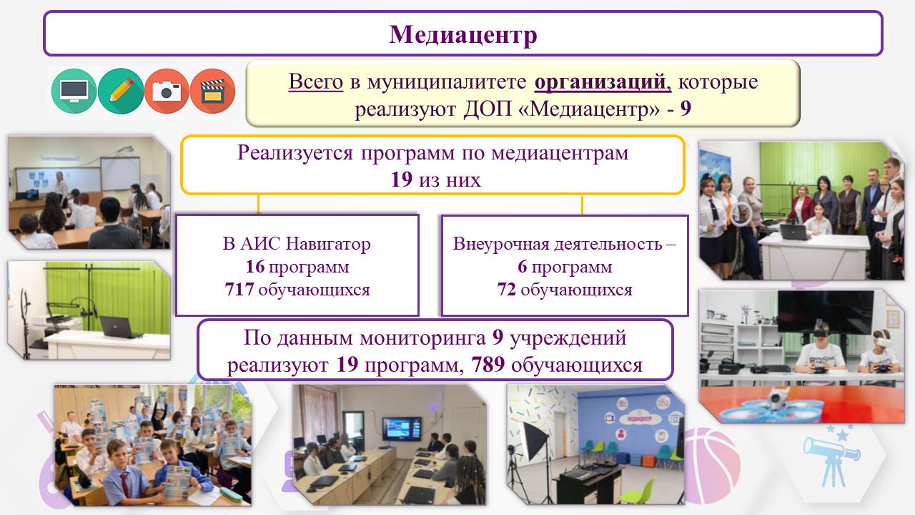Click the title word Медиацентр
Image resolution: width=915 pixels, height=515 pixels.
coord(463,34)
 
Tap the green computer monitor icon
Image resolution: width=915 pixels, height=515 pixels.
coord(74,91)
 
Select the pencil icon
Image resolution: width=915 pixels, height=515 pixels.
coord(121,91)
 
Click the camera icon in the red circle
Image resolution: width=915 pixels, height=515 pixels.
coord(167,91)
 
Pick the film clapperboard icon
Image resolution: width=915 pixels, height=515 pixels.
coord(212,91)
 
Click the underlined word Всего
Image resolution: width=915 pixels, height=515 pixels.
coord(316,82)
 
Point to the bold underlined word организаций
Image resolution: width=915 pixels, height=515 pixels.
coord(603,82)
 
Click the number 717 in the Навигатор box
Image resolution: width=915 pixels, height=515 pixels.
coord(239,289)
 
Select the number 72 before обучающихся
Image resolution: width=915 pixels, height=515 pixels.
coord(507,289)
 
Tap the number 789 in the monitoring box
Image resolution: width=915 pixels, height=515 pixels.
coord(488,364)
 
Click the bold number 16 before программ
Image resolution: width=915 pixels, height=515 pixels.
coord(255,267)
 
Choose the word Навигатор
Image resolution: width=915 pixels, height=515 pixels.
coord(327,244)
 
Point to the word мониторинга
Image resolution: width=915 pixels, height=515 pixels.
coord(422,338)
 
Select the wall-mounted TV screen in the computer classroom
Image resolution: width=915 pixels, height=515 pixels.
coord(402,428)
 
